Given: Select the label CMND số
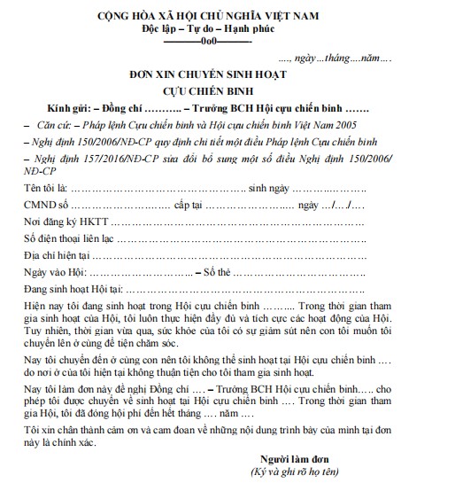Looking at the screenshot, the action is (x=44, y=206).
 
